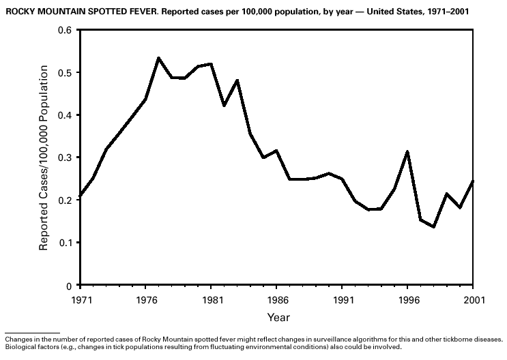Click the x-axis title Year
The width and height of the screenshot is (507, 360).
click(x=278, y=317)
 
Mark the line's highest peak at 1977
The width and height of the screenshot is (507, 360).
click(x=158, y=58)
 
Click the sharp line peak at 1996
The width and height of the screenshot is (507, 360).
click(x=407, y=151)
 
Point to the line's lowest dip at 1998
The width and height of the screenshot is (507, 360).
click(x=433, y=227)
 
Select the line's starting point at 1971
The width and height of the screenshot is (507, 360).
click(x=81, y=196)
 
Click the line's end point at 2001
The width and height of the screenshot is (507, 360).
click(x=473, y=181)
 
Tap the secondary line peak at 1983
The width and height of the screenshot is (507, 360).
click(x=237, y=80)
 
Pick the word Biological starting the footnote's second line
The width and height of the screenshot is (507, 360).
click(x=21, y=346)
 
